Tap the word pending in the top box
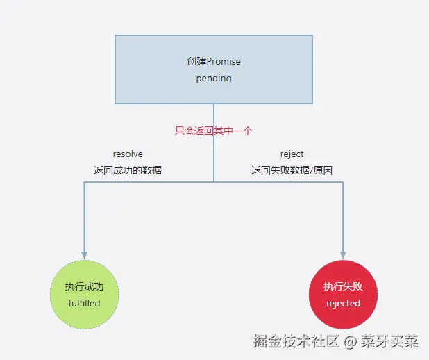(214, 79)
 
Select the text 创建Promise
(214, 62)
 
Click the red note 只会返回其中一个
(213, 130)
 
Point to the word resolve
(128, 154)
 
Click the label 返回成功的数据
(128, 170)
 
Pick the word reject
(292, 154)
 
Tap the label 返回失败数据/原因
(292, 170)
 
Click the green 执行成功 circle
(85, 294)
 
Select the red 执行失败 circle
(343, 294)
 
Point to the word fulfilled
(85, 303)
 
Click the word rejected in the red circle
(343, 303)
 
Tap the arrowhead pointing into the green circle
(85, 254)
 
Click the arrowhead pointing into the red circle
(343, 254)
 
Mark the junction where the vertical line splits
(214, 181)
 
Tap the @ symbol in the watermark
(351, 342)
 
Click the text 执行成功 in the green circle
(85, 286)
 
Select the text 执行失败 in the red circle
(343, 286)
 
